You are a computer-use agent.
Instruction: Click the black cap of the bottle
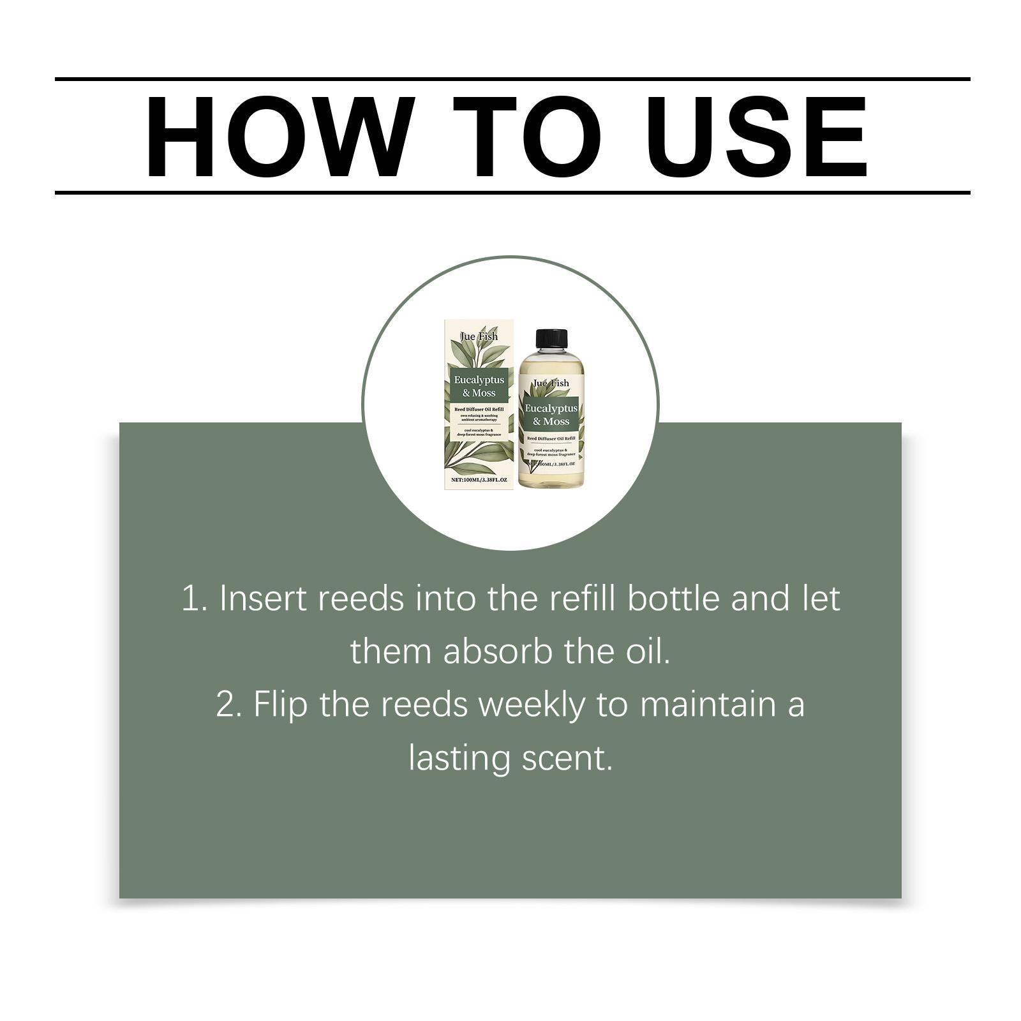tap(551, 339)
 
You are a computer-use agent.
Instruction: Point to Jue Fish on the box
tap(479, 336)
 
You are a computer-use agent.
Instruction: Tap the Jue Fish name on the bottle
tap(551, 383)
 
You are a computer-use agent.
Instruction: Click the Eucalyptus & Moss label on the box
tap(479, 386)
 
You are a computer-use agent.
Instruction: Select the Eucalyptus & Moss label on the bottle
tap(551, 414)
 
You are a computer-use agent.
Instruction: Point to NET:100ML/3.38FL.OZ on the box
tap(479, 479)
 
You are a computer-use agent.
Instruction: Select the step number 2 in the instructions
tap(226, 704)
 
